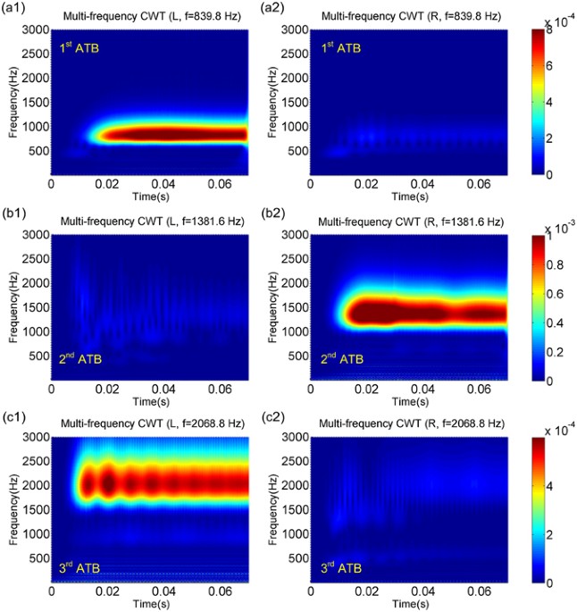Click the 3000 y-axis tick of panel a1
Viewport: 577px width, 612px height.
[x=32, y=30]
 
